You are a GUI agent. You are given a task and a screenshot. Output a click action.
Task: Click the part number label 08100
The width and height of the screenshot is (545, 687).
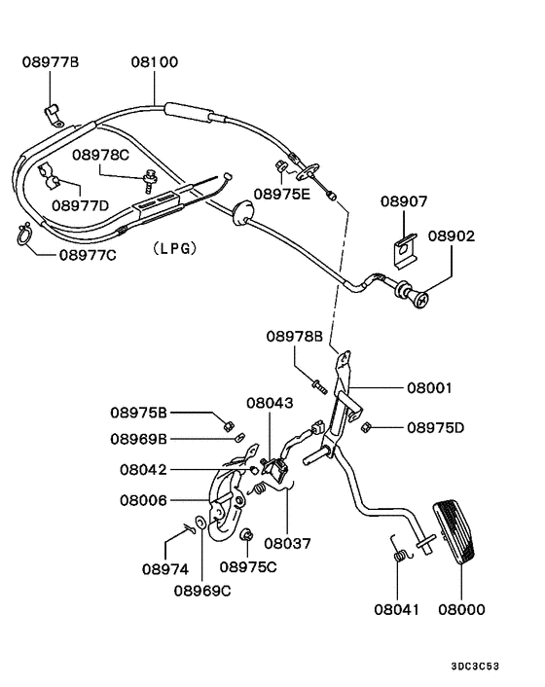[x=155, y=63]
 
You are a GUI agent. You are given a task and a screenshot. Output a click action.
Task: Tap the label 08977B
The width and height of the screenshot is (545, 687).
[x=51, y=63]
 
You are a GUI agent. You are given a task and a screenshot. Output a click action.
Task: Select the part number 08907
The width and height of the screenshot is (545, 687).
[x=404, y=201]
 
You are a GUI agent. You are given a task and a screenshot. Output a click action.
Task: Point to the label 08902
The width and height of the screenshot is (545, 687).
[x=452, y=235]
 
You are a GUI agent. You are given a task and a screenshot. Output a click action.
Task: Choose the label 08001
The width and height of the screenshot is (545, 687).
[x=429, y=386]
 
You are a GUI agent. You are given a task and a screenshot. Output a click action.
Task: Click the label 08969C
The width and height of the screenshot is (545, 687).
[x=202, y=588]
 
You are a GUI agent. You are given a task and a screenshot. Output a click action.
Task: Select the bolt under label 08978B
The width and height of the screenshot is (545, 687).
[x=315, y=380]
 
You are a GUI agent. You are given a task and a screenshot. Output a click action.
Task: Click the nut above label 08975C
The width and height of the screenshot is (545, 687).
[x=247, y=533]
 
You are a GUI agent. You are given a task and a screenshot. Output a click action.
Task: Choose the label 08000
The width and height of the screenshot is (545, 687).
[x=461, y=610]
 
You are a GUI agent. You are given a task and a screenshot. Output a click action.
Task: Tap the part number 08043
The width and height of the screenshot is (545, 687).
[x=267, y=402]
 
